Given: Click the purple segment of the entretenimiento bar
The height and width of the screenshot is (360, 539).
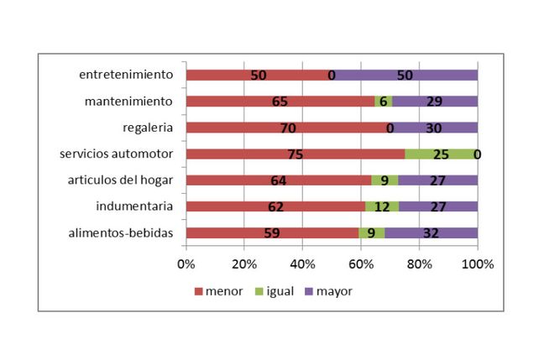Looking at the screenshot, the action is (x=405, y=76).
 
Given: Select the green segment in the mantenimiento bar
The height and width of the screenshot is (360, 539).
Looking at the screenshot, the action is (x=384, y=102).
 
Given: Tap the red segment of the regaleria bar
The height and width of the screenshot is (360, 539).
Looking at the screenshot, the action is (x=288, y=128).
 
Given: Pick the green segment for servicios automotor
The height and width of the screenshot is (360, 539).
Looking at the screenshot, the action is (x=441, y=154).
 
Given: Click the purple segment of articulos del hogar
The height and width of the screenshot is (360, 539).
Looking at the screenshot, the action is (x=438, y=180).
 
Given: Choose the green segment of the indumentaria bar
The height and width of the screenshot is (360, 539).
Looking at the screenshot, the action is (x=382, y=206).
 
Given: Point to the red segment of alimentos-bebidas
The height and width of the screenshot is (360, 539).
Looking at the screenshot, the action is (x=272, y=233).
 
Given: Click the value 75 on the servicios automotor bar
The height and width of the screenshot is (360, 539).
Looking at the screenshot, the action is (x=296, y=154).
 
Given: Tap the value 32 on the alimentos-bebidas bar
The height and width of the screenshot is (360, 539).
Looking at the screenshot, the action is (x=431, y=233).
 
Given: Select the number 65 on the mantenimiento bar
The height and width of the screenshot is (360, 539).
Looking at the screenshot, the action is (x=280, y=102).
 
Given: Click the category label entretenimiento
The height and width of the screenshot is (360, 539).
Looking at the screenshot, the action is (x=126, y=75).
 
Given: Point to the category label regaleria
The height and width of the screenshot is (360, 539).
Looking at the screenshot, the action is (x=148, y=128).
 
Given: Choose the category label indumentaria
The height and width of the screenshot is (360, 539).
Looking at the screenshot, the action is (x=134, y=206).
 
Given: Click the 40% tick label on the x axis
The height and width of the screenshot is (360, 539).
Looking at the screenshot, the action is (x=302, y=264).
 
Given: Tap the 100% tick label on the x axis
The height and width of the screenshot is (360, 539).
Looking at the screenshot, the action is (x=478, y=264).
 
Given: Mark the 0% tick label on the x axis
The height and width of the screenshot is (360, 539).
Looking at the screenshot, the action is (x=186, y=264).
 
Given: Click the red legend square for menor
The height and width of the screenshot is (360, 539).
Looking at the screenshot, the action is (x=199, y=292).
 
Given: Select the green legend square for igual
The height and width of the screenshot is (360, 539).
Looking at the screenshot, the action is (x=259, y=292).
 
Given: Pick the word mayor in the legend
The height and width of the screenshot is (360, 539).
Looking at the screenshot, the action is (x=334, y=291).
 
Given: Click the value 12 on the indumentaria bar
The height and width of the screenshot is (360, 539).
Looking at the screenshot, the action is (x=382, y=206).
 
